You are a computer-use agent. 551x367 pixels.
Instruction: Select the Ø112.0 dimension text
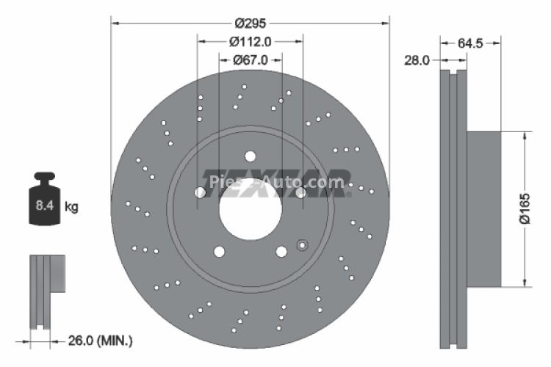(250, 42)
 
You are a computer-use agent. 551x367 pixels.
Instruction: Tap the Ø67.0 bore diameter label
(250, 61)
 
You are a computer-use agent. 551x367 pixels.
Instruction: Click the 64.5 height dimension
(470, 43)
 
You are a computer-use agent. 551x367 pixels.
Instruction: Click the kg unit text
(71, 207)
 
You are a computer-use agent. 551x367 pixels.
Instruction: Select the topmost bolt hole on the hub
(250, 156)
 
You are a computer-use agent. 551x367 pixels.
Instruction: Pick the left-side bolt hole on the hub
(200, 192)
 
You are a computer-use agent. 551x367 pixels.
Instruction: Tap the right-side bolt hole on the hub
(300, 192)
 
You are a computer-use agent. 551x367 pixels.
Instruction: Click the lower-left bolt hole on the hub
(218, 251)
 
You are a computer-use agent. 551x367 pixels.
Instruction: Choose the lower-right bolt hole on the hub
(281, 251)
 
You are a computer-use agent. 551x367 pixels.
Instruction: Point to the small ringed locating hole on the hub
(300, 244)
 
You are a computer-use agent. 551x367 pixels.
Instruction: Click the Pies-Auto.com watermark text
(277, 181)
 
